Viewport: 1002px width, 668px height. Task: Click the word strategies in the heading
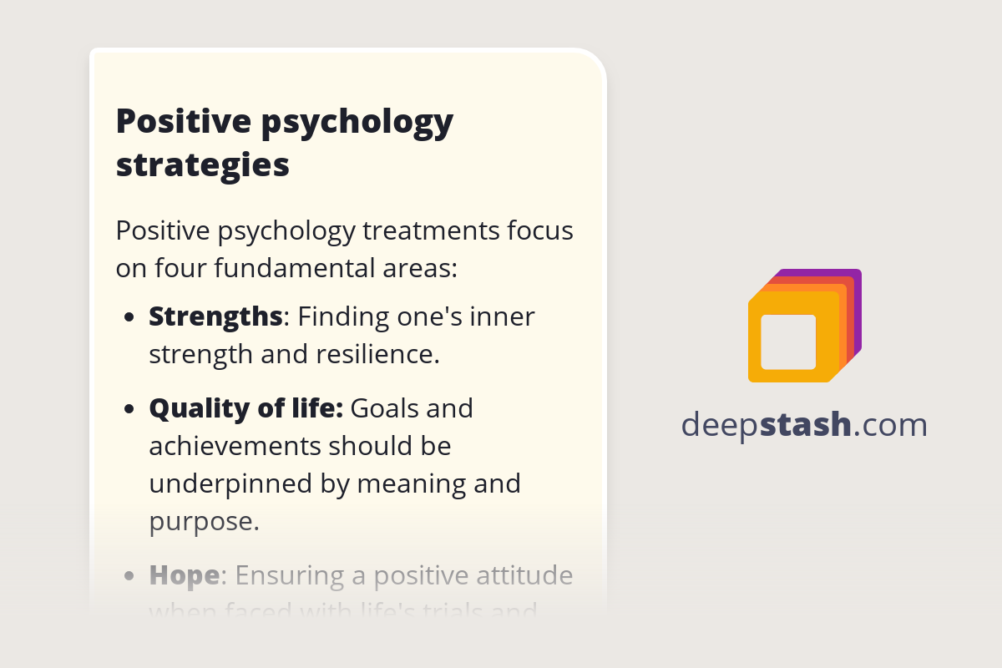202,164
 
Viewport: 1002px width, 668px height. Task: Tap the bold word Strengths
215,316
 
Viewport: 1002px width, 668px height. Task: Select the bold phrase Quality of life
245,408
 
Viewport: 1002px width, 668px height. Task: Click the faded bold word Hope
184,575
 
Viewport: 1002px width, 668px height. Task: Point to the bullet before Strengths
129,318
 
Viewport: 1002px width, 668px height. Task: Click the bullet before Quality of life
129,410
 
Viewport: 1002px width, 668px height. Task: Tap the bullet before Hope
129,576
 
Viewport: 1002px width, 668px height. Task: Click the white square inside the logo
788,342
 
